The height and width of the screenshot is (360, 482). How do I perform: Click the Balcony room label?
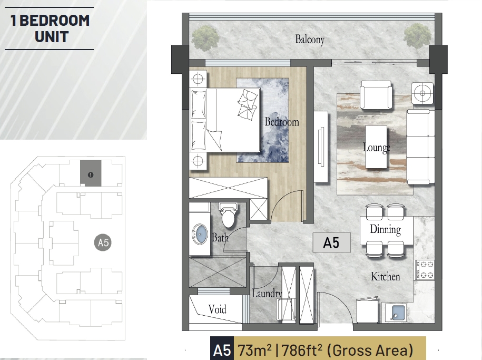click(310, 40)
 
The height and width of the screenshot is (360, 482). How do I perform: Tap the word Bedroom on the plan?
click(282, 122)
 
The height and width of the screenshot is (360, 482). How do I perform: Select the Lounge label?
click(376, 148)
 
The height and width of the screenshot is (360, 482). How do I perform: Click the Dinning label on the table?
click(386, 229)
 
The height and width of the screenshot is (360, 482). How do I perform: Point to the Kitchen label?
click(386, 276)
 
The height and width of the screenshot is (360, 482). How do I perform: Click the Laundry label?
click(267, 293)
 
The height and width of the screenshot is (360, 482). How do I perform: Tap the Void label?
click(217, 309)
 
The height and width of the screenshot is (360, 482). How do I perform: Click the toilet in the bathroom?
click(228, 214)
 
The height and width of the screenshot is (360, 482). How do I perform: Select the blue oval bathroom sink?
click(200, 234)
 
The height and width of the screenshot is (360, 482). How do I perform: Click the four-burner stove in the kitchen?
click(425, 270)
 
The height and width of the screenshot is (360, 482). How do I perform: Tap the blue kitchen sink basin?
click(398, 312)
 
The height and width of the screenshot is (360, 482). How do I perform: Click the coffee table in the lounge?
click(376, 147)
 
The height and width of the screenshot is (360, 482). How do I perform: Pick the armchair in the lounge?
click(376, 95)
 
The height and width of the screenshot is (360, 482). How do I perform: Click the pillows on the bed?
click(247, 104)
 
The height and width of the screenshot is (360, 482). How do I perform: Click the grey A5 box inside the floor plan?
click(331, 242)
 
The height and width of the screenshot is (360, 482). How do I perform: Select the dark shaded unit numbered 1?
click(91, 173)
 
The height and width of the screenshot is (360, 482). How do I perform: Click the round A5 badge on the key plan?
click(103, 243)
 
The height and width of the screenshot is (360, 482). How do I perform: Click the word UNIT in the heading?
click(51, 37)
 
